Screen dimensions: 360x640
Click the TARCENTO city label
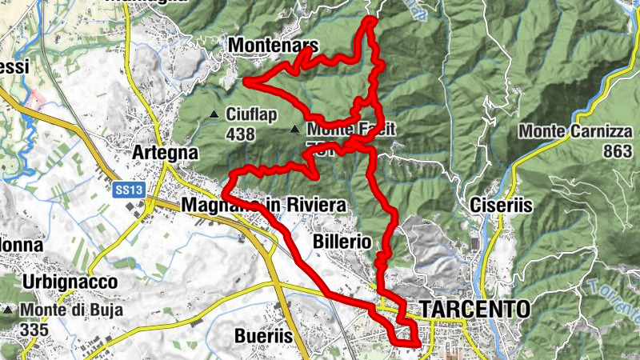click(x=474, y=309)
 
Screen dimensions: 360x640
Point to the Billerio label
click(x=342, y=242)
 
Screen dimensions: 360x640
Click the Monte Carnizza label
click(x=576, y=131)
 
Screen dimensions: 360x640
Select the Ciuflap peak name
click(x=251, y=114)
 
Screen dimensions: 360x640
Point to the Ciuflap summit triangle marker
click(x=214, y=115)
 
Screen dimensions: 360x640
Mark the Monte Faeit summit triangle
click(x=296, y=129)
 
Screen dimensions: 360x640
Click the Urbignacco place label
click(x=70, y=282)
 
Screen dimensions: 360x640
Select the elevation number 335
click(x=35, y=328)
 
